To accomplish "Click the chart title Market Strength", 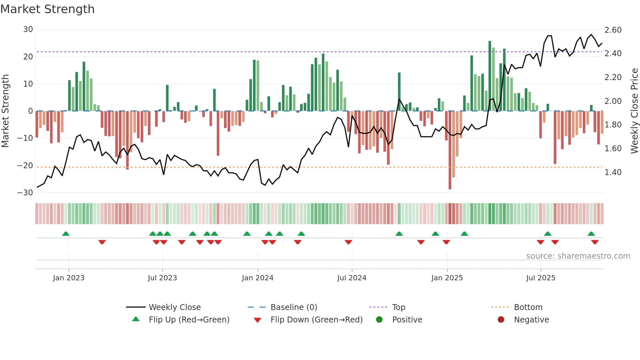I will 47,9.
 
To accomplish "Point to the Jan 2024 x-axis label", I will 258,278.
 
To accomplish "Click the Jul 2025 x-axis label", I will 541,278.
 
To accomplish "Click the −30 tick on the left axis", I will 25,192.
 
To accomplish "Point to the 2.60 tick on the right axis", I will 613,30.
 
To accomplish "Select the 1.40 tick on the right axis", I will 613,172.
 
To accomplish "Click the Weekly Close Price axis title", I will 634,111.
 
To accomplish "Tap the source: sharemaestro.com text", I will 578,256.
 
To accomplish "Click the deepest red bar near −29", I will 450,150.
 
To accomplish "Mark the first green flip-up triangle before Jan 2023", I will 66,234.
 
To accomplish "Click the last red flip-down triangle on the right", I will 595,242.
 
